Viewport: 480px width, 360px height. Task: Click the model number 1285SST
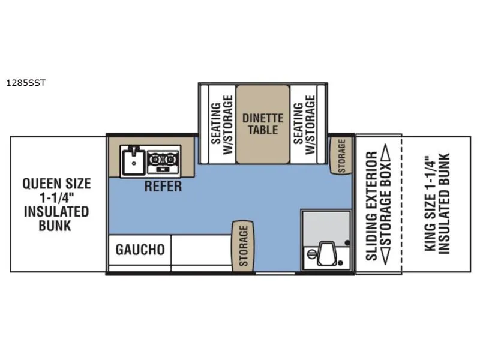coord(26,83)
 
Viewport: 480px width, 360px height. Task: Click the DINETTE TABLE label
coord(263,124)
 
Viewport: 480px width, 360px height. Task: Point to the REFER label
coord(163,186)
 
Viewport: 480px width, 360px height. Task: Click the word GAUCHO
coord(140,250)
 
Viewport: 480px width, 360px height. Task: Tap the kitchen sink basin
coord(133,161)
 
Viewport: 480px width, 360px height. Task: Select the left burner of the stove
coord(155,160)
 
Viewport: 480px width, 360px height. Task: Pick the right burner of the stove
coord(170,160)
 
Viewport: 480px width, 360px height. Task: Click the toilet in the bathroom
coord(326,253)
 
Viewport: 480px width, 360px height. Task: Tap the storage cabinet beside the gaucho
coord(243,246)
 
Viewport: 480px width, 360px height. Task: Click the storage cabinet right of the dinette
coord(341,155)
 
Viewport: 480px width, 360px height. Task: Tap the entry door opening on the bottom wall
coord(275,273)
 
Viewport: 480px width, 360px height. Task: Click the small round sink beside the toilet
coord(311,254)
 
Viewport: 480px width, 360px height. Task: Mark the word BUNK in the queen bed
coord(55,226)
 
